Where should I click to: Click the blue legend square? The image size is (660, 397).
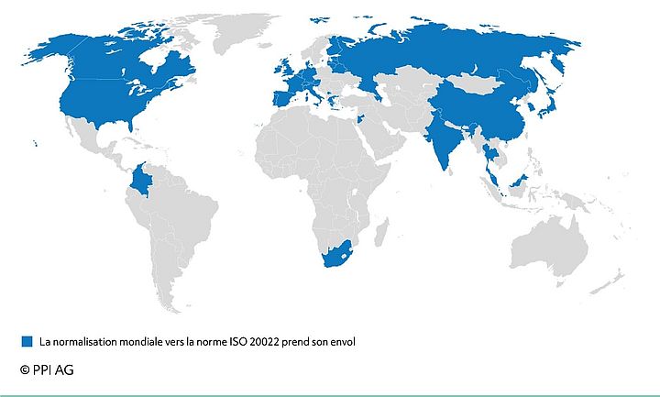pyautogui.click(x=27, y=341)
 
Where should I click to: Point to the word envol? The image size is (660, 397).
pyautogui.click(x=340, y=342)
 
